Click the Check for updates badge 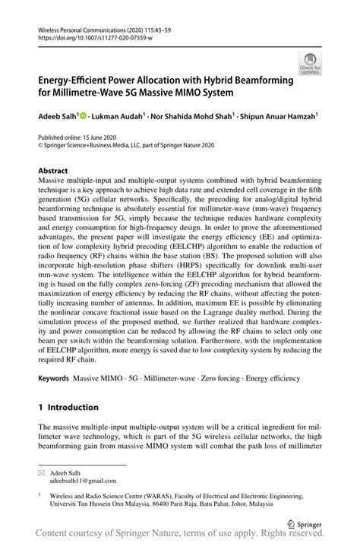(310, 64)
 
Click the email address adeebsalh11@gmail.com (84, 481)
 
